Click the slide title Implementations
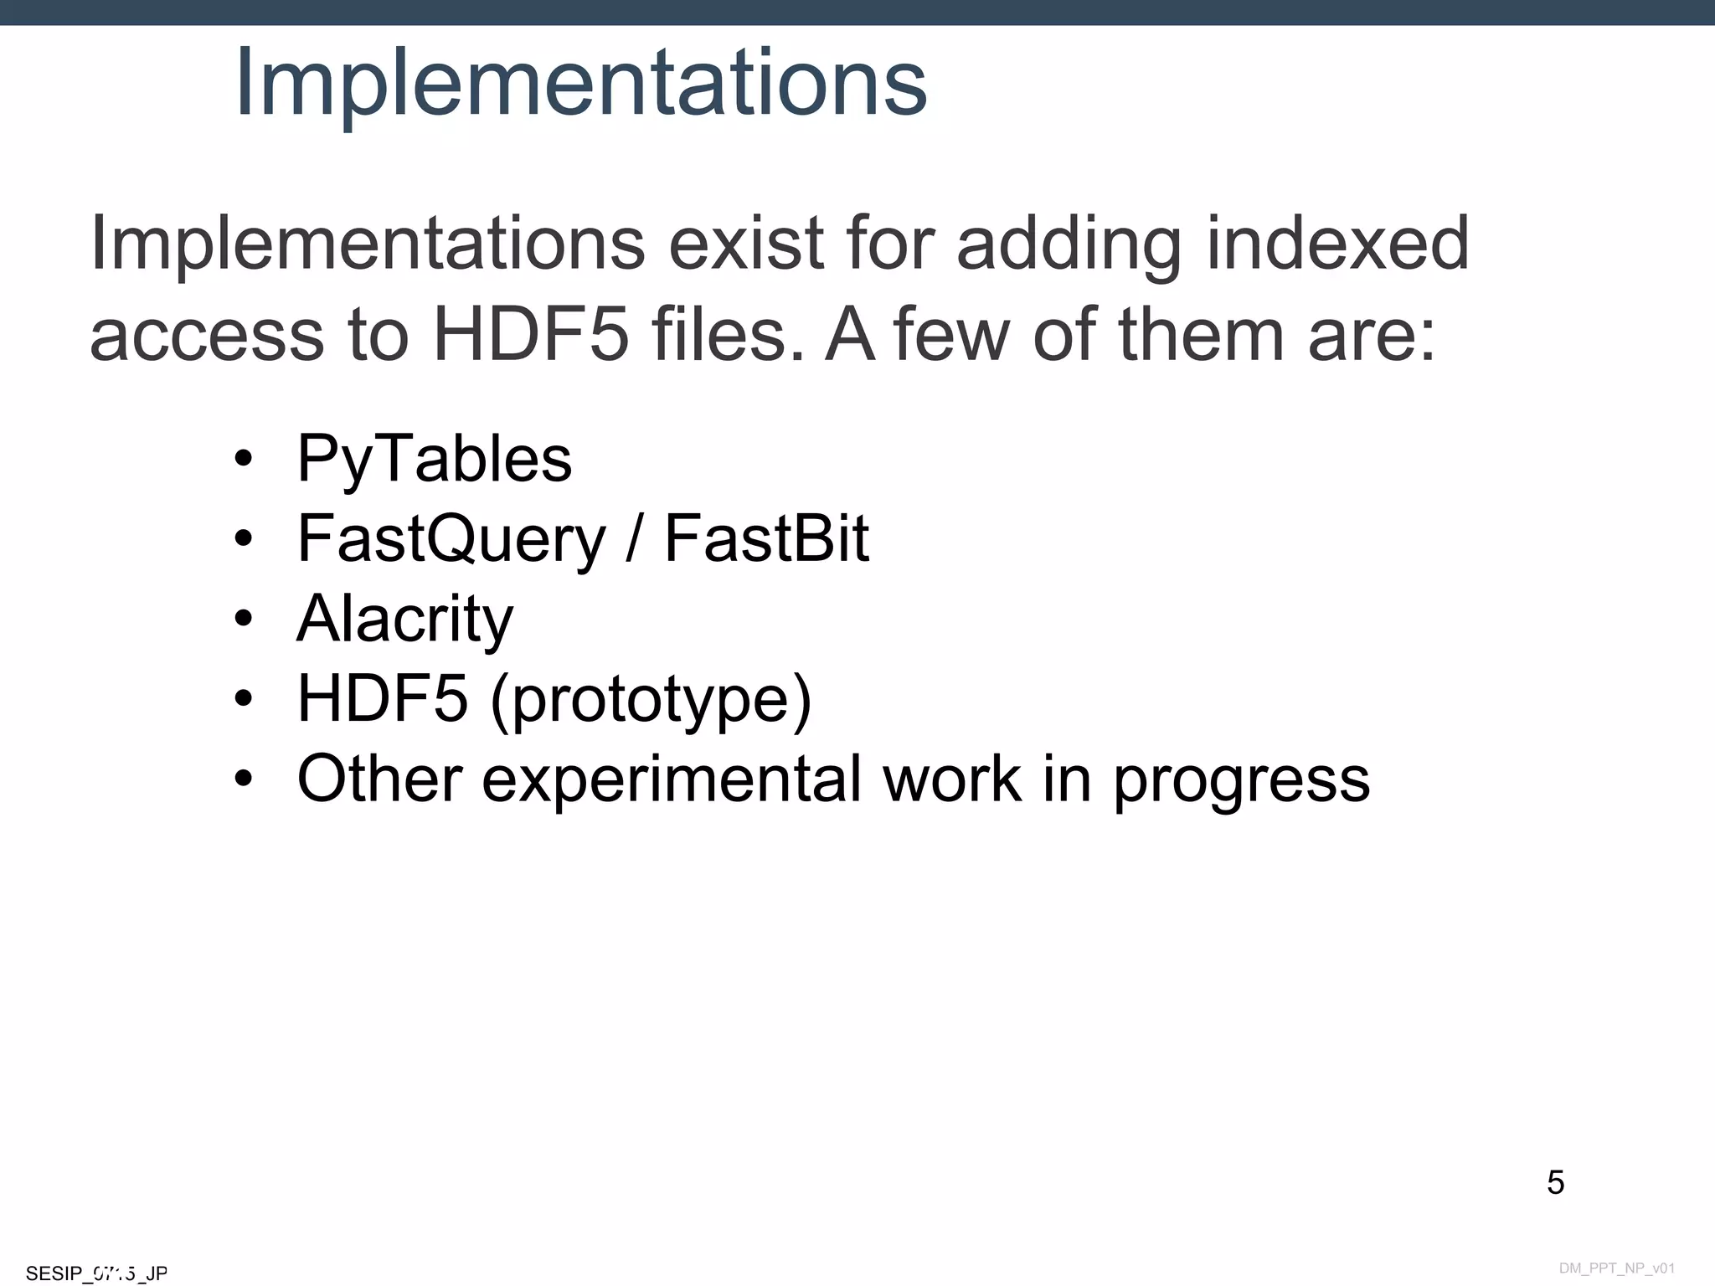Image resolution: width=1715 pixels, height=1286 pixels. point(580,82)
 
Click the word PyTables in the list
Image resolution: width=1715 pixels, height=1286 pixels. point(434,459)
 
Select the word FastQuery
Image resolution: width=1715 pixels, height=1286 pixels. point(451,539)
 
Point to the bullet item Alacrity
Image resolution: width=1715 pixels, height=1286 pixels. point(404,619)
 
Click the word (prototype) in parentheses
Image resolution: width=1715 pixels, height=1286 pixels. point(651,699)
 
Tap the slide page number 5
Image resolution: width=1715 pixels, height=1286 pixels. point(1555,1182)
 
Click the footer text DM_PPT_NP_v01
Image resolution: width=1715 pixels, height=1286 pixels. point(1616,1268)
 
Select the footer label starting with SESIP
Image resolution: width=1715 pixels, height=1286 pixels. point(96,1273)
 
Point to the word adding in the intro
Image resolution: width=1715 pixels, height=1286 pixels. point(1068,244)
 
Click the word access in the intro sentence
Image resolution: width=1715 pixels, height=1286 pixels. point(206,335)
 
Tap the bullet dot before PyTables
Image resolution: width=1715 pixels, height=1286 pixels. point(244,459)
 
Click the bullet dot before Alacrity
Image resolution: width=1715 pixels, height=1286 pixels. point(244,619)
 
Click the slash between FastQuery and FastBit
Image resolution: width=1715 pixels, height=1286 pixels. point(634,538)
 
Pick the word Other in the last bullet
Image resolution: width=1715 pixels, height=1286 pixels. point(379,779)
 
